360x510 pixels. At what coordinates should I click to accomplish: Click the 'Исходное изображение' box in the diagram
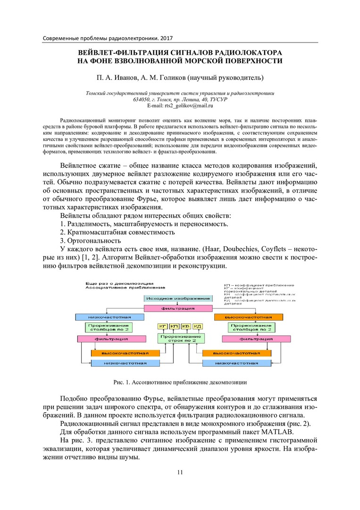(x=177, y=298)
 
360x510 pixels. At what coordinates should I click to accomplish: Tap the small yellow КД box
(x=198, y=326)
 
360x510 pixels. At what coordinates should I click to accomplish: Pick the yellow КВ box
(x=186, y=326)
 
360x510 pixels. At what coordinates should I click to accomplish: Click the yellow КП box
(x=175, y=326)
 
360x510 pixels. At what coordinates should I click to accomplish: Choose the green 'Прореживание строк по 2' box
(x=181, y=338)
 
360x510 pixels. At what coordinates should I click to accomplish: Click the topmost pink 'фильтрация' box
(x=177, y=308)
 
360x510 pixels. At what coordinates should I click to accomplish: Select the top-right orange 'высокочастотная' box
(x=248, y=317)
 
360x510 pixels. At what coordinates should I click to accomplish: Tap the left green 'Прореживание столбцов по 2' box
(x=109, y=327)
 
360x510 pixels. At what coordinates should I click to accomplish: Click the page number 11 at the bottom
(x=180, y=473)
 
